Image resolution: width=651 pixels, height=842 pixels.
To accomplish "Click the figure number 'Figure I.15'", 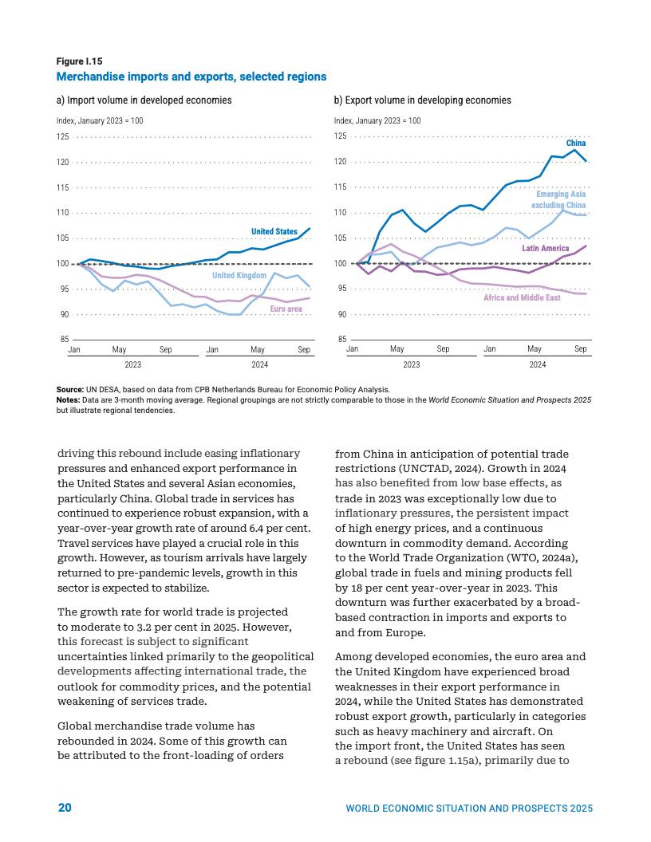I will [79, 61].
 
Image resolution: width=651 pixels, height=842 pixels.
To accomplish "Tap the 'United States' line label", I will [274, 232].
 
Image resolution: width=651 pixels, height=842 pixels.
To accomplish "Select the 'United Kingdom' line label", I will [239, 275].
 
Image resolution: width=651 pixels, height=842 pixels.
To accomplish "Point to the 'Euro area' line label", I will [286, 309].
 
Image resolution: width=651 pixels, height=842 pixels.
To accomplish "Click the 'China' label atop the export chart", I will [575, 144].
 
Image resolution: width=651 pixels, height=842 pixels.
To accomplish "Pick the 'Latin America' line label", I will [545, 249].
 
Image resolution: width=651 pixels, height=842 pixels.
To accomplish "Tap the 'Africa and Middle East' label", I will [522, 297].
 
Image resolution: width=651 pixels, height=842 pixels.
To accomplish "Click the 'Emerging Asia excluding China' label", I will [560, 200].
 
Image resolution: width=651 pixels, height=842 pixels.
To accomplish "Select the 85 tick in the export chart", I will [341, 340].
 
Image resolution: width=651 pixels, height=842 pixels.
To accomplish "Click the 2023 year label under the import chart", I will [133, 364].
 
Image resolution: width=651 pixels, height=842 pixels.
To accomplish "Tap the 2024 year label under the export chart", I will [537, 364].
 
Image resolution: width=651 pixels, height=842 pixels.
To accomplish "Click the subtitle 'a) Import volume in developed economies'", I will [144, 100].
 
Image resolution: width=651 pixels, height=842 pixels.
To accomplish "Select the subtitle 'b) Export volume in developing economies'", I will [422, 100].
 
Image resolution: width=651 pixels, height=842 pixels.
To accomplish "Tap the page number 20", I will [65, 808].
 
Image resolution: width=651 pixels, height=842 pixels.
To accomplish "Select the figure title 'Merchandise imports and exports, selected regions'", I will [191, 77].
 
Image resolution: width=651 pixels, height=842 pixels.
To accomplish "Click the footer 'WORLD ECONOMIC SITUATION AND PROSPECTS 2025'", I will [469, 809].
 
